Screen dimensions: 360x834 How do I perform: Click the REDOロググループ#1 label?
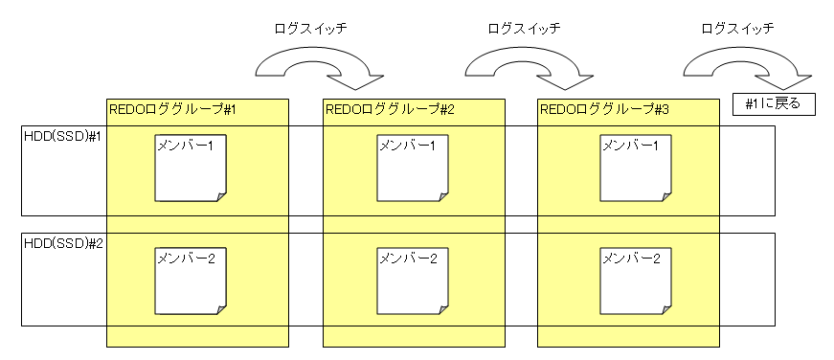[x=172, y=110]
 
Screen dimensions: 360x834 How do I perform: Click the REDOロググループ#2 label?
[x=389, y=110]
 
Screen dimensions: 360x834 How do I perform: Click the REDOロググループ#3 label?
[x=604, y=110]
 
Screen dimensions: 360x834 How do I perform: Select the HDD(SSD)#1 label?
[x=62, y=137]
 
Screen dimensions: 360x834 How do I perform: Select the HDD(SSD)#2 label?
[x=62, y=244]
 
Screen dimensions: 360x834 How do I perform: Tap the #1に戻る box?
[x=772, y=102]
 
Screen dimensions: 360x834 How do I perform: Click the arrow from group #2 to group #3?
[x=527, y=64]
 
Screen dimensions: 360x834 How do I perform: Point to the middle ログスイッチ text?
[x=524, y=29]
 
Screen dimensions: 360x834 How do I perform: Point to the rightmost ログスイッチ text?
[x=738, y=29]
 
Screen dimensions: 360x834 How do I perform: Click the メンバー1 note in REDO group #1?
[x=191, y=169]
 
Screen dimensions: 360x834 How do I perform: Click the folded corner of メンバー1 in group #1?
[x=221, y=196]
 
